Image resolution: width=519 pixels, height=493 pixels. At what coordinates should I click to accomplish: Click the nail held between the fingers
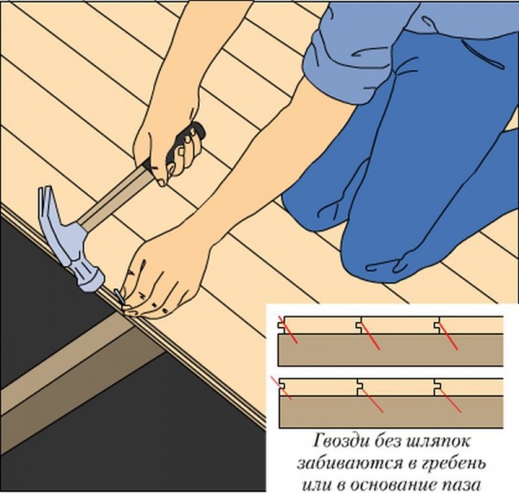[119, 296]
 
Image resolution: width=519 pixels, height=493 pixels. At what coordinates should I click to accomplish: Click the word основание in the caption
[397, 485]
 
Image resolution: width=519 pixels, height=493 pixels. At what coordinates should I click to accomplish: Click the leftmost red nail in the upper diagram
[288, 330]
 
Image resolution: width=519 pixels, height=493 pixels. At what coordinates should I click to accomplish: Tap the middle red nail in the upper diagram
[370, 336]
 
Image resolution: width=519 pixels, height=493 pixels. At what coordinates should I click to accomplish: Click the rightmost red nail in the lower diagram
[451, 401]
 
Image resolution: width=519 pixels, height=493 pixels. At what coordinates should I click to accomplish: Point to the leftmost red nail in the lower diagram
[281, 387]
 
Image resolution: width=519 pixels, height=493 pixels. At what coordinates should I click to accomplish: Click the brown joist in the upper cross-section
[391, 349]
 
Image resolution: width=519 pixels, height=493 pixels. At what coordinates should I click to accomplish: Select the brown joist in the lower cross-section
[391, 412]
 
